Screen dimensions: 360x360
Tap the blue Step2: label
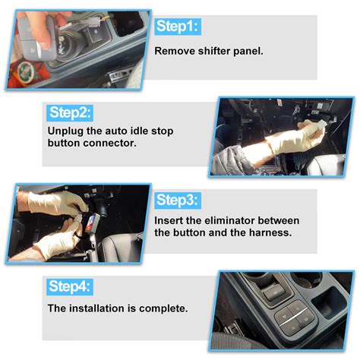coord(71,113)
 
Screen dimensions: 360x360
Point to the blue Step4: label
coord(71,287)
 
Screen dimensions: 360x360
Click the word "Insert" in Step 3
coord(171,220)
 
